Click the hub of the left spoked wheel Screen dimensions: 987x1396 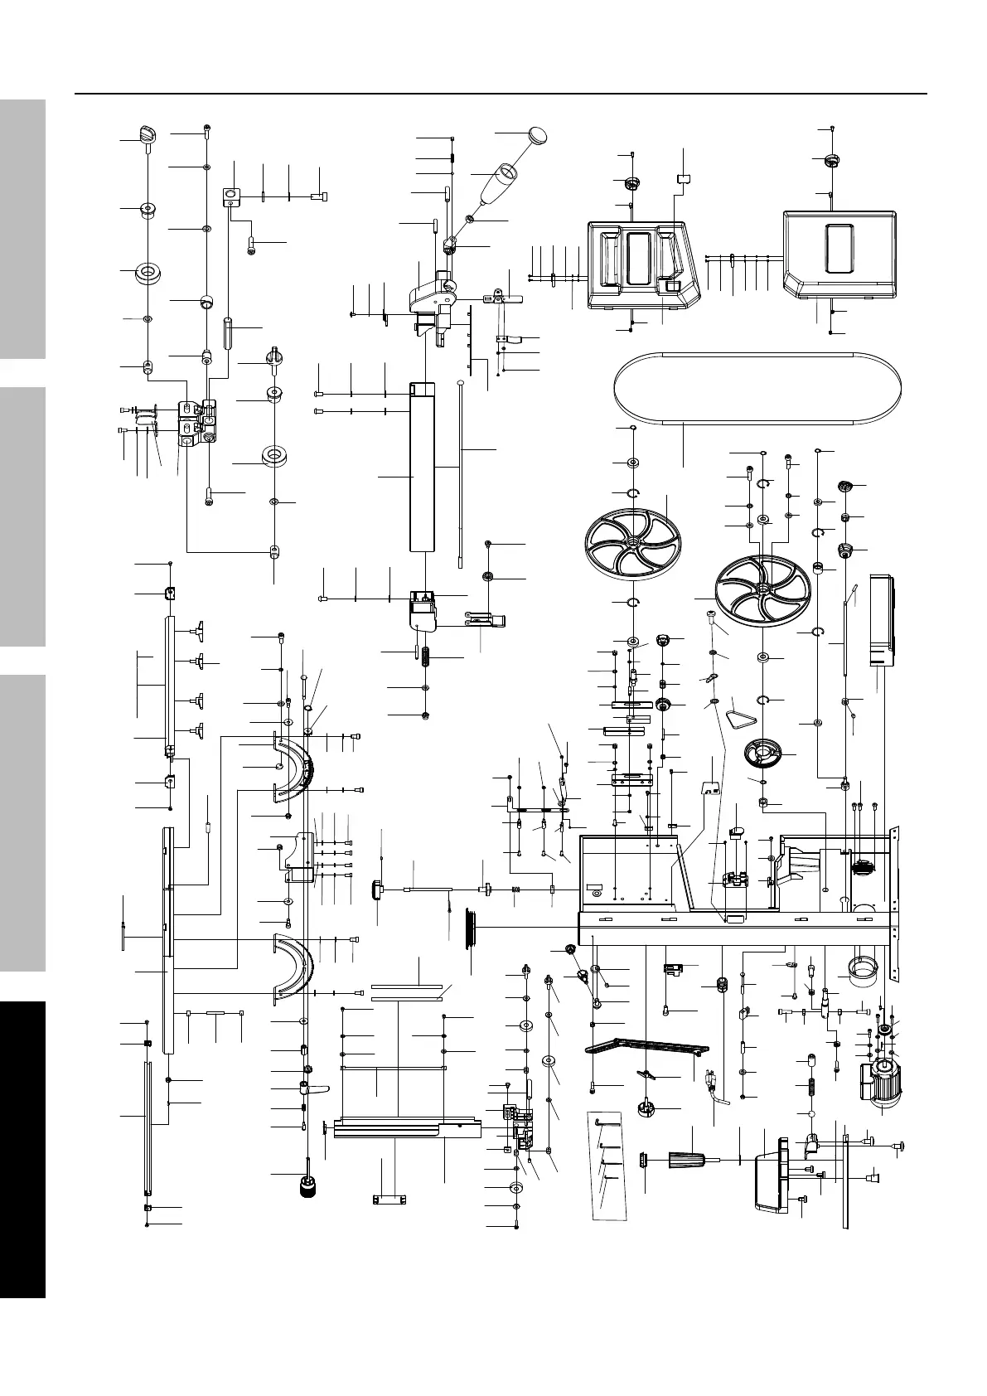[x=632, y=541]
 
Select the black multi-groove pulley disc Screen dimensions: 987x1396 [x=471, y=924]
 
